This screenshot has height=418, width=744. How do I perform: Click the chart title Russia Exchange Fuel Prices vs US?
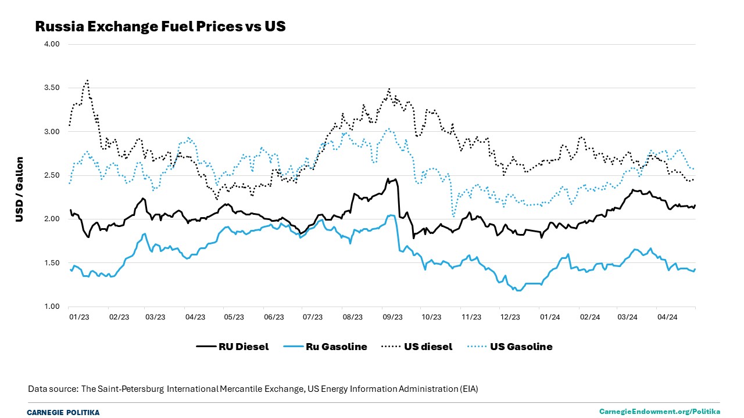pos(160,27)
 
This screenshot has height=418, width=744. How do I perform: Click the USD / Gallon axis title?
pos(20,190)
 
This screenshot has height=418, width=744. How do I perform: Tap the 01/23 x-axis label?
pos(79,317)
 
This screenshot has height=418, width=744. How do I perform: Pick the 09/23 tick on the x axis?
pos(392,317)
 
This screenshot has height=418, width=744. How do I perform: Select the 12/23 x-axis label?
pos(510,317)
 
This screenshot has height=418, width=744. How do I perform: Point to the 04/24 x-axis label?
pos(667,317)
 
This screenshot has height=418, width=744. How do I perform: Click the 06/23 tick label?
pos(274,317)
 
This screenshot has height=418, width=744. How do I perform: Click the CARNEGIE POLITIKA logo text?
pos(63,412)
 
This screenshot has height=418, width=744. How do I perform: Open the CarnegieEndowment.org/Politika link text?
pos(660,411)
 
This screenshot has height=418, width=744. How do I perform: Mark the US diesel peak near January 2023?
pos(87,80)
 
